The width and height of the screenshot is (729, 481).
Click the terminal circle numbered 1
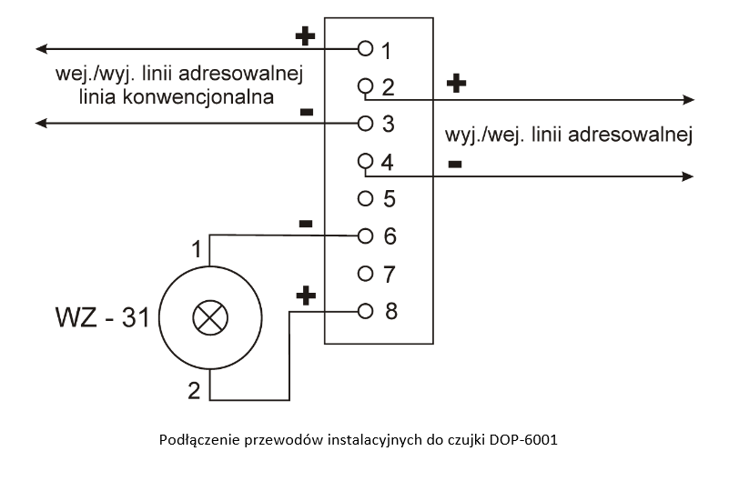(366, 46)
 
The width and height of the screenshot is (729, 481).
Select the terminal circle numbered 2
(366, 86)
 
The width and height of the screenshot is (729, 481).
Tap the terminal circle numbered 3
(366, 122)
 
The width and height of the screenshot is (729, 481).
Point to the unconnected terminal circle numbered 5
(366, 197)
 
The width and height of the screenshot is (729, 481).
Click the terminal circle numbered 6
(366, 235)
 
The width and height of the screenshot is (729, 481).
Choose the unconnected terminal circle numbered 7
(366, 273)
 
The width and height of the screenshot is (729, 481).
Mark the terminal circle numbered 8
(366, 311)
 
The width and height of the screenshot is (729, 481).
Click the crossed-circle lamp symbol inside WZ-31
(211, 318)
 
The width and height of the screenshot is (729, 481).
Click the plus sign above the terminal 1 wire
(306, 35)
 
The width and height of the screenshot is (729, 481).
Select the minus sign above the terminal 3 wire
(306, 111)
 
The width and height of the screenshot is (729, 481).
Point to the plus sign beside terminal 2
(457, 84)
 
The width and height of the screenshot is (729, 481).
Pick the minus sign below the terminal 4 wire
(455, 164)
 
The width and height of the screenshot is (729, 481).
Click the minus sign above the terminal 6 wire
(306, 223)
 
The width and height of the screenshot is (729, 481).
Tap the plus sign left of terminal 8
(307, 296)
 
